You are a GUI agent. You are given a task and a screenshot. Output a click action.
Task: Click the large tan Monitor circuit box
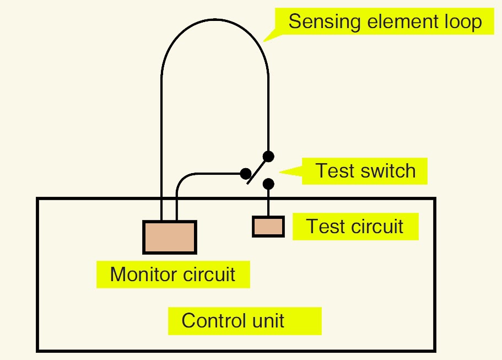(170, 237)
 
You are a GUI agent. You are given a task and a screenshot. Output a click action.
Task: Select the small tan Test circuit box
(268, 226)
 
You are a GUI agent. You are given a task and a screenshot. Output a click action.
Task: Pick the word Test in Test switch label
(333, 170)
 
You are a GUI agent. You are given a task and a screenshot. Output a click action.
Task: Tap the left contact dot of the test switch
(245, 174)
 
